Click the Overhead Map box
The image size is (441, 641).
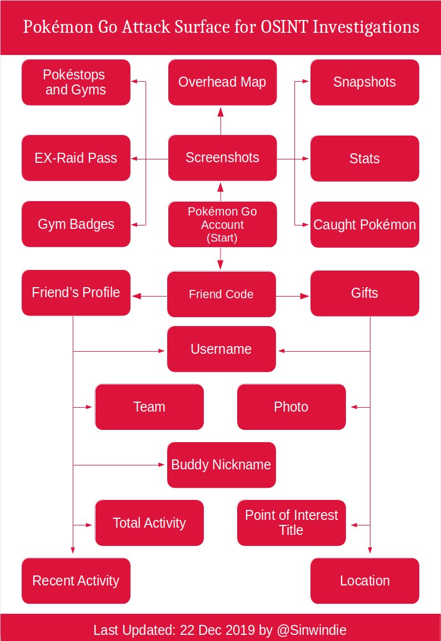pos(222,82)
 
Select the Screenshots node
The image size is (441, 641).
pos(222,158)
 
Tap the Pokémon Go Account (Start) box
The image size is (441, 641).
pos(222,224)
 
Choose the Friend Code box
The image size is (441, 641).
pos(221,294)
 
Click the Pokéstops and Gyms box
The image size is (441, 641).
pos(76,82)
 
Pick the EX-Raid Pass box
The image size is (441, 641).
pos(76,158)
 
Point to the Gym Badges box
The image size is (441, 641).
pos(76,224)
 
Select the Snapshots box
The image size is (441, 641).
pos(364,82)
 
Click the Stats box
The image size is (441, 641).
pos(364,159)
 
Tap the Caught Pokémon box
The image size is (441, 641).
pos(364,225)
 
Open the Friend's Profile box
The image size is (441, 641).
pos(76,293)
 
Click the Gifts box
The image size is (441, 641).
pos(364,293)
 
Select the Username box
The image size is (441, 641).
pos(221,349)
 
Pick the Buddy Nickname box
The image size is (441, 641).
pos(221,465)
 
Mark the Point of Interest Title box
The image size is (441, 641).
pos(292,523)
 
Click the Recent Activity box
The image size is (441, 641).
pos(76,581)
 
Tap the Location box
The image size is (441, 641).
pos(364,581)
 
